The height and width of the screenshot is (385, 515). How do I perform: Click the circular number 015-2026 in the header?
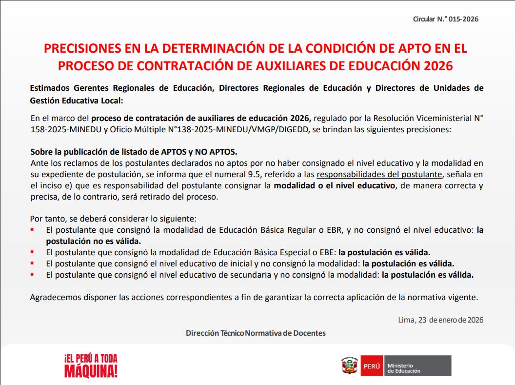pyautogui.click(x=463, y=20)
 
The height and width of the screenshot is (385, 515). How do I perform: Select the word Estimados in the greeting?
pyautogui.click(x=50, y=88)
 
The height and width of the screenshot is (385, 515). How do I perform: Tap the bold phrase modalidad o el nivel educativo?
pyautogui.click(x=334, y=185)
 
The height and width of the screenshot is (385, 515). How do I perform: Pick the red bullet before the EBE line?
pyautogui.click(x=32, y=252)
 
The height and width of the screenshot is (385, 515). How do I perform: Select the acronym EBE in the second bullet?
pyautogui.click(x=326, y=252)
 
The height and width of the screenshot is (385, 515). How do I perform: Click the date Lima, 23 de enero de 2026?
pyautogui.click(x=440, y=320)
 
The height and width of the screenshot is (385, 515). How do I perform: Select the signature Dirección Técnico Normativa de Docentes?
pyautogui.click(x=256, y=333)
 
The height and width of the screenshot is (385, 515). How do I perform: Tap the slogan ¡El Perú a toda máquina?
pyautogui.click(x=91, y=365)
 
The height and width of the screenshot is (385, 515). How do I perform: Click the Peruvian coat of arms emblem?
pyautogui.click(x=349, y=365)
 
